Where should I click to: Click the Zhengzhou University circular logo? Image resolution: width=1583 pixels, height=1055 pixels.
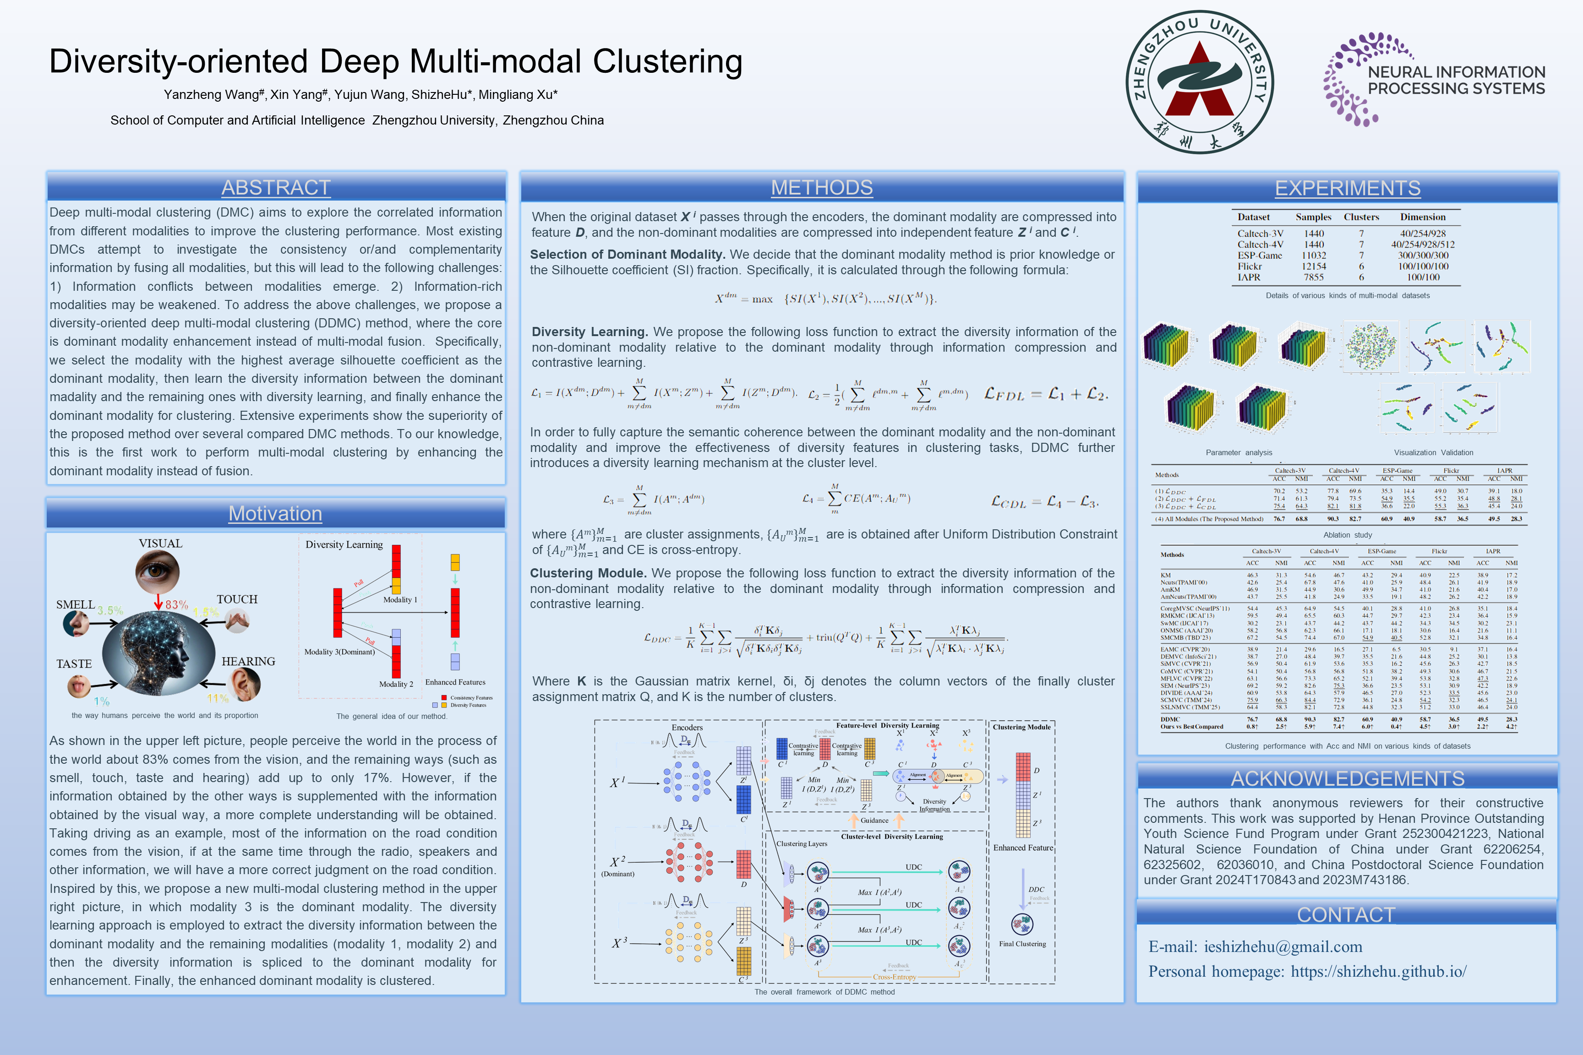point(1199,82)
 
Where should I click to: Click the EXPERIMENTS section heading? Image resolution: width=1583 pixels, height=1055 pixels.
point(1348,188)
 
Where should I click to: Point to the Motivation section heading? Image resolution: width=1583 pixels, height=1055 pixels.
point(275,513)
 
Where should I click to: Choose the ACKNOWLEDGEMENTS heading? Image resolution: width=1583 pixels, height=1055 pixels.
point(1348,778)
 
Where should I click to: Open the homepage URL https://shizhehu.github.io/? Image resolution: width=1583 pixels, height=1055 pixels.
point(1378,972)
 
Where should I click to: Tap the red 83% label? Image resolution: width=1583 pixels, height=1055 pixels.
point(176,605)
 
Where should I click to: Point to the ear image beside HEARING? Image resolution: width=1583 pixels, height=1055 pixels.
point(244,684)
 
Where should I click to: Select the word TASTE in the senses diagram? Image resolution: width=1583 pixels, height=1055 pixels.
point(74,664)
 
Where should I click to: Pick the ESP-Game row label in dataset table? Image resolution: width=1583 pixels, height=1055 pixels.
point(1259,256)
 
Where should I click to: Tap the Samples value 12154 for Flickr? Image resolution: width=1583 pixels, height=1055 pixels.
point(1314,266)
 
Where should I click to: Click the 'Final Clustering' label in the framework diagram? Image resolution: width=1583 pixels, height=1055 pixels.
point(1022,944)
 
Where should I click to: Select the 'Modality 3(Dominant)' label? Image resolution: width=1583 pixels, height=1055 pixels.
point(339,652)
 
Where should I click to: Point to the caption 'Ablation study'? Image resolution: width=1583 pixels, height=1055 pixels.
point(1348,535)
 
